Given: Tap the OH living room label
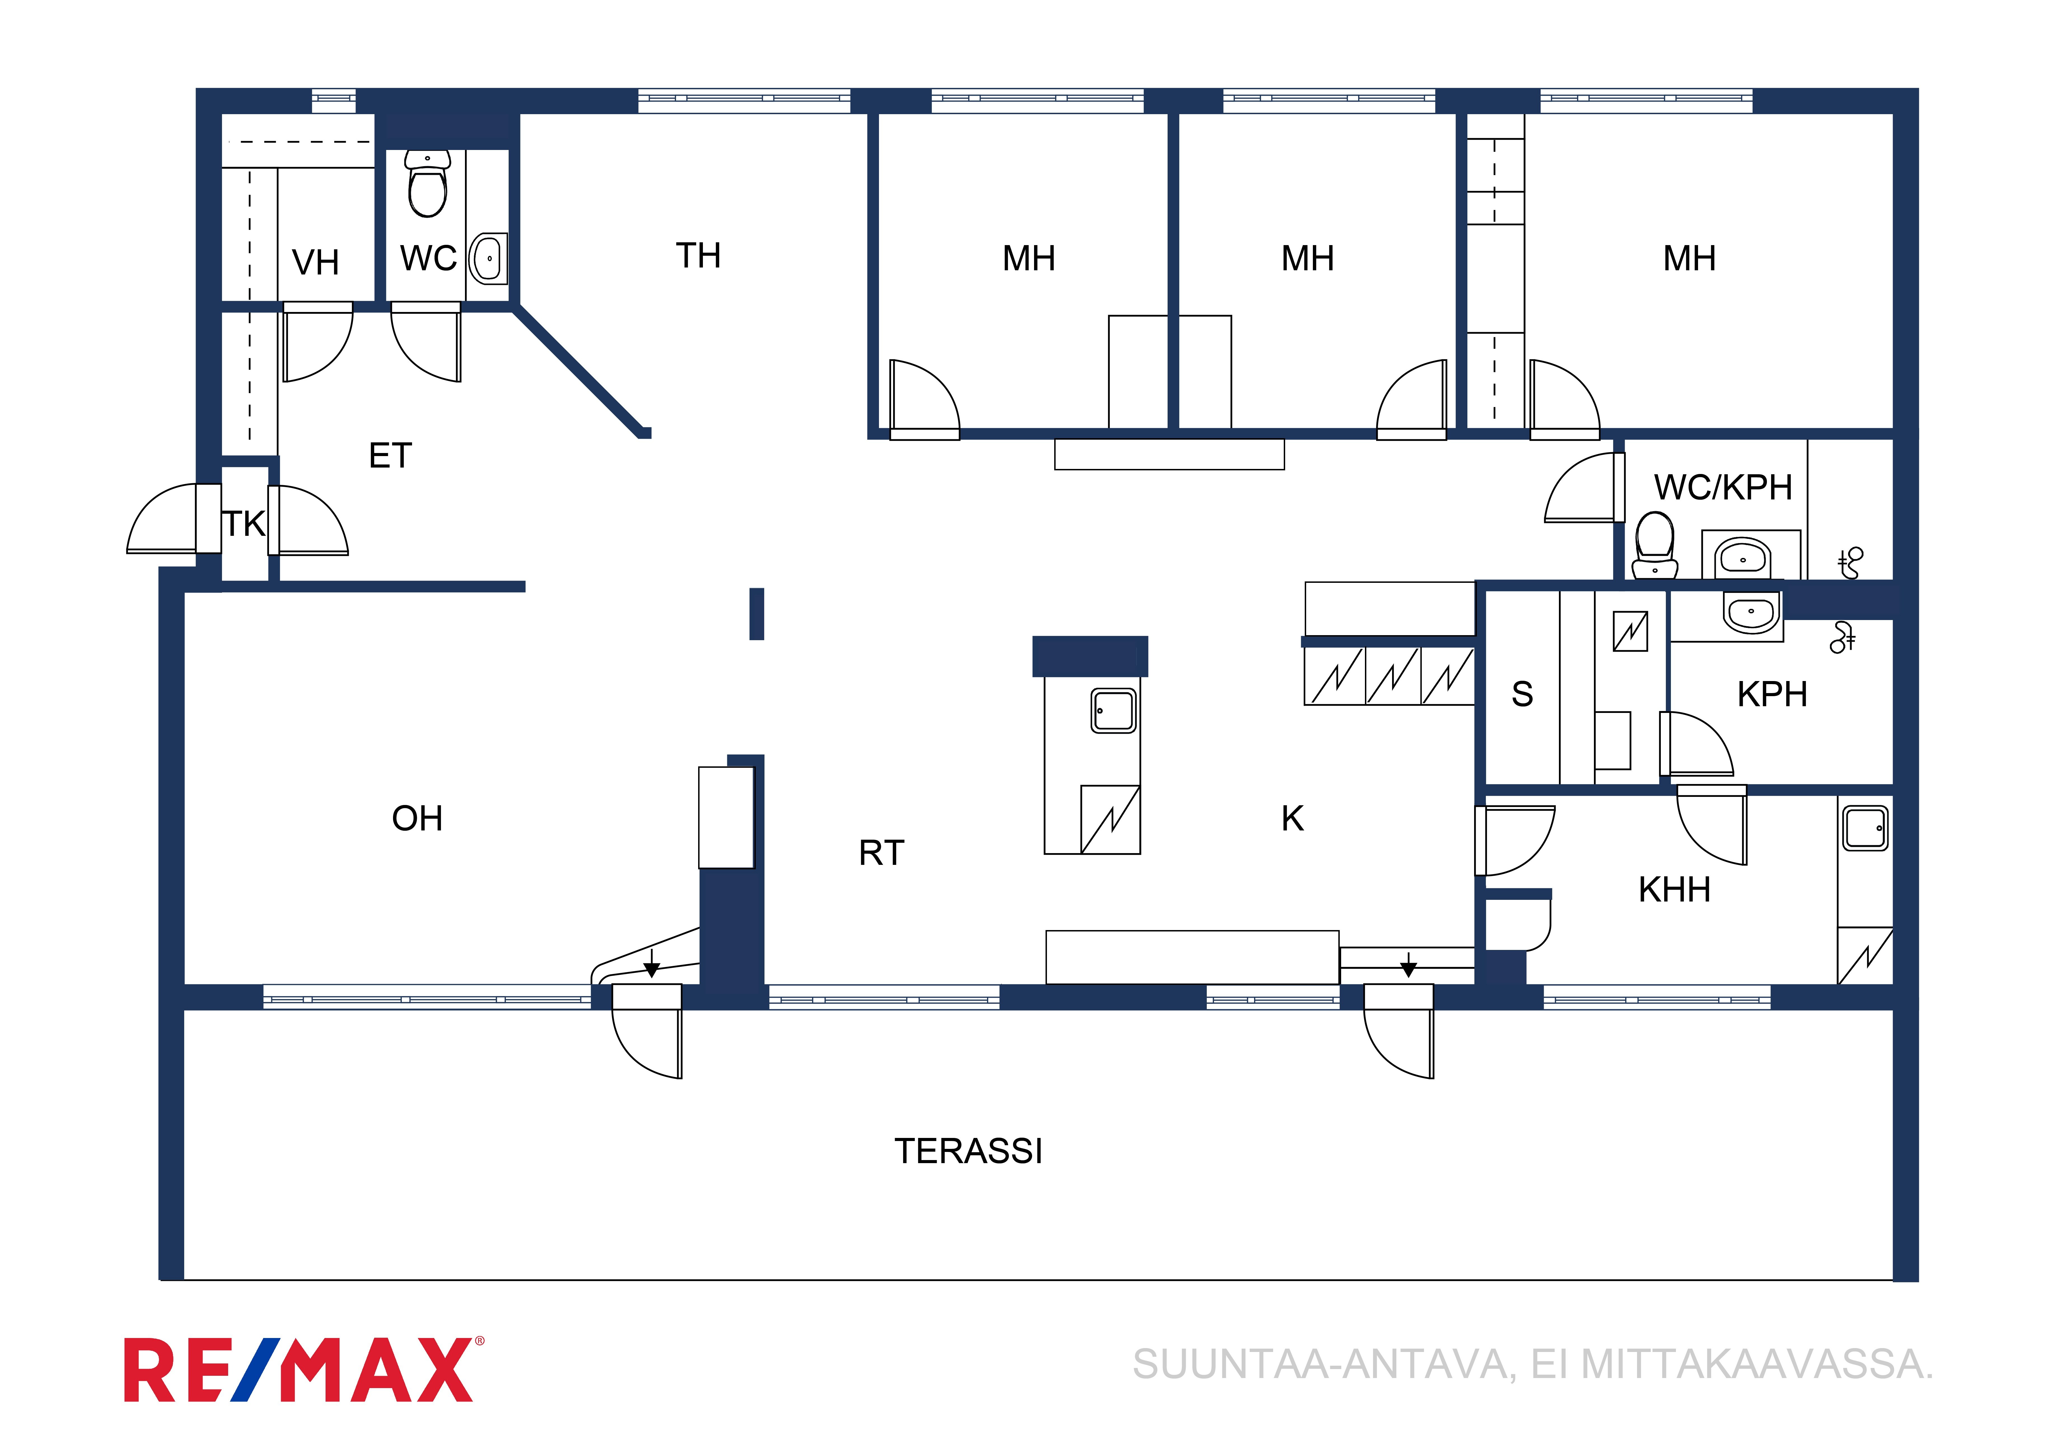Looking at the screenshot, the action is [x=417, y=818].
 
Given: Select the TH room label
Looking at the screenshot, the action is [x=698, y=256].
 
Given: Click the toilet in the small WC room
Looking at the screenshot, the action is [x=428, y=184].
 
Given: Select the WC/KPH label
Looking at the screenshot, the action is [x=1722, y=487].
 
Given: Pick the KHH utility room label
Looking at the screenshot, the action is [x=1675, y=889].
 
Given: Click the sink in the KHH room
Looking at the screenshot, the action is [x=1865, y=828].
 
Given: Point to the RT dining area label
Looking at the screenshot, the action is [x=881, y=853].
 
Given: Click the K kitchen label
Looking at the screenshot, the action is [x=1292, y=818].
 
